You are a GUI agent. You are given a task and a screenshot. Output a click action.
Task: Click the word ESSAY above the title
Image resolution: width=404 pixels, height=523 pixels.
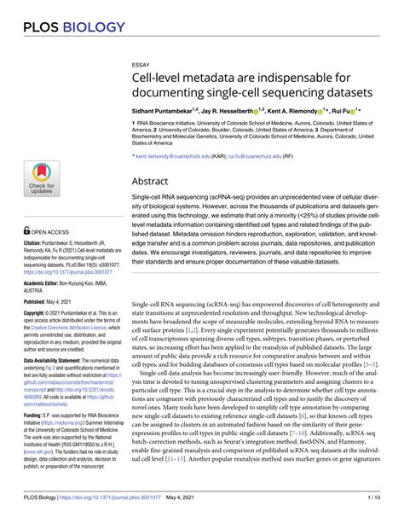[141, 64]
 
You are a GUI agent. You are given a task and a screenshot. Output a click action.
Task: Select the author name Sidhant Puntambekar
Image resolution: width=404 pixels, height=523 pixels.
[170, 110]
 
